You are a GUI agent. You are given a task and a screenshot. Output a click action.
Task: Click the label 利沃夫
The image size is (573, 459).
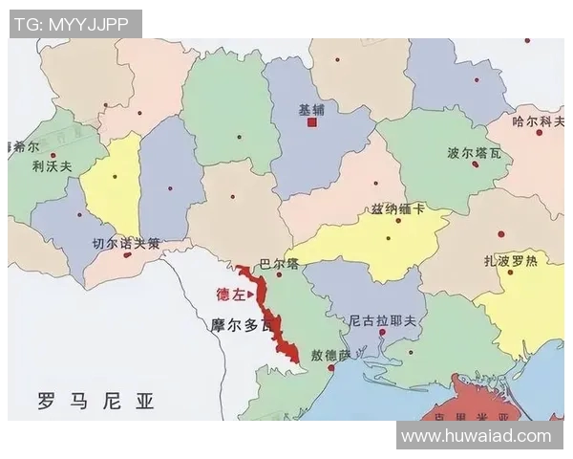click(52, 165)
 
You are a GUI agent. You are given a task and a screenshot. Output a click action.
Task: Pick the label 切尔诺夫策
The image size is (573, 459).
click(125, 243)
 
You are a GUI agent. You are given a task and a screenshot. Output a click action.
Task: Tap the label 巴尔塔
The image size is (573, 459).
click(279, 263)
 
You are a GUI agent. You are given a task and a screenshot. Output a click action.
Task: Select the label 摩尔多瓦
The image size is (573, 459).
click(243, 324)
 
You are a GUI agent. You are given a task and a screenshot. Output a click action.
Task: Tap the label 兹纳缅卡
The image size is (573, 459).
click(398, 209)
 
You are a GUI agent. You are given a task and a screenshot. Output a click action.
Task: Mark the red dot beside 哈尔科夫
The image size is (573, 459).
click(539, 133)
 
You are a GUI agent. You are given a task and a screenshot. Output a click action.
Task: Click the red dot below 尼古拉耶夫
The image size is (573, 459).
click(382, 333)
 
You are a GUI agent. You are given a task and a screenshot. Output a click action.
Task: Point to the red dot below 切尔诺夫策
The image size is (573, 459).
click(127, 254)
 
